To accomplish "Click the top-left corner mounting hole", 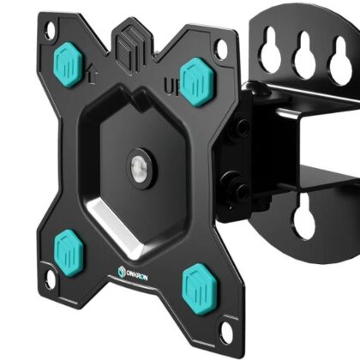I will click(50, 30).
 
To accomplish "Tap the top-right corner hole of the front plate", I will click(222, 50).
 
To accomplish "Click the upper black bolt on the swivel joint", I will click(243, 128).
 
